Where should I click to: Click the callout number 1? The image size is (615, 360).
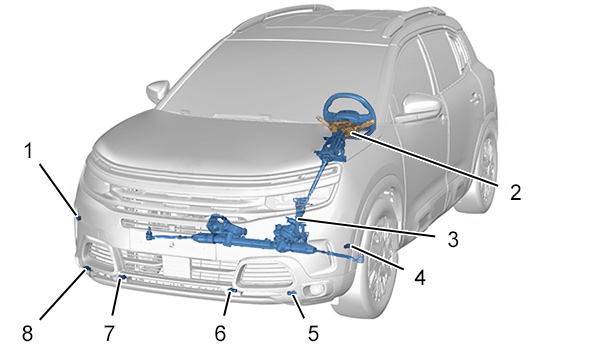click(28, 151)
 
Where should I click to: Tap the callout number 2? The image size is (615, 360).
click(515, 192)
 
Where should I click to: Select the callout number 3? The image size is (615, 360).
click(453, 239)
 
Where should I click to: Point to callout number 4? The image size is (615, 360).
click(420, 278)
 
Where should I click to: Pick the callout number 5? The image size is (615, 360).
click(313, 333)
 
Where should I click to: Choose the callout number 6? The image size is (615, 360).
click(220, 333)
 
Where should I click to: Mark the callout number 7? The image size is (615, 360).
click(109, 333)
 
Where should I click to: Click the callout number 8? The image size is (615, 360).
click(27, 333)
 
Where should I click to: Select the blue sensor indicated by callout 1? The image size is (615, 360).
click(79, 217)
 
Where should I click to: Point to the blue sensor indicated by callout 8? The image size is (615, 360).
click(87, 268)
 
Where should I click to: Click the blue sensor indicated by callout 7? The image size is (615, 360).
click(122, 278)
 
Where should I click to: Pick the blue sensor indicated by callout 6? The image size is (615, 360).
click(232, 290)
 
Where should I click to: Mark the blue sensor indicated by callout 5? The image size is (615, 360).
click(292, 293)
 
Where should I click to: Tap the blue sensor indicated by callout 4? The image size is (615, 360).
click(348, 246)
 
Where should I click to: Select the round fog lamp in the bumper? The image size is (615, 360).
click(315, 289)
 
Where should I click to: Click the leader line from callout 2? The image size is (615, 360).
click(425, 159)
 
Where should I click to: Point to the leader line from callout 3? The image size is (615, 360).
click(366, 228)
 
